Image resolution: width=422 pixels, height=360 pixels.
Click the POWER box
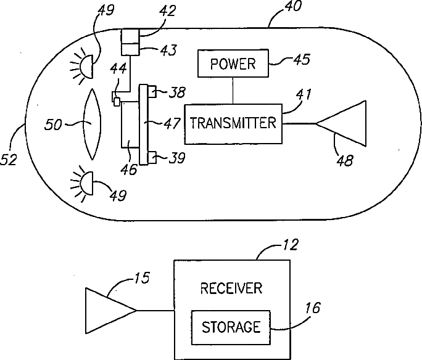pyautogui.click(x=233, y=63)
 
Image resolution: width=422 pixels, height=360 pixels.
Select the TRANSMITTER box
pyautogui.click(x=233, y=124)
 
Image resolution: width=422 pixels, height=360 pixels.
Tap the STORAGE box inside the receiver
pyautogui.click(x=231, y=327)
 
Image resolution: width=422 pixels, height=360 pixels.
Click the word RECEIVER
pyautogui.click(x=231, y=288)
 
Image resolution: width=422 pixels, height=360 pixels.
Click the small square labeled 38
pyautogui.click(x=152, y=91)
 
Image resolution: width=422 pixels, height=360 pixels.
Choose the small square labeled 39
pyautogui.click(x=152, y=157)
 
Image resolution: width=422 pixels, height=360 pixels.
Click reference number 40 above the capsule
pyautogui.click(x=293, y=6)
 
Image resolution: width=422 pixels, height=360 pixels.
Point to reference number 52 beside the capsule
pyautogui.click(x=9, y=160)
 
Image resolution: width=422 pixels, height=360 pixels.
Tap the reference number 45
pyautogui.click(x=302, y=59)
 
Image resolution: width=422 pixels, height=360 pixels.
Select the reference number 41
pyautogui.click(x=304, y=94)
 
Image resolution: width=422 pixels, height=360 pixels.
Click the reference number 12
pyautogui.click(x=290, y=245)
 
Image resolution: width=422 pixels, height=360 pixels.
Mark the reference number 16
pyautogui.click(x=313, y=308)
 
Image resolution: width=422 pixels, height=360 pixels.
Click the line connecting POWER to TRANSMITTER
pyautogui.click(x=233, y=91)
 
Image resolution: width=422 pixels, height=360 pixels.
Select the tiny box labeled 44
pyautogui.click(x=117, y=102)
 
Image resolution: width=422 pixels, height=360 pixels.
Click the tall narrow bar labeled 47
pyautogui.click(x=144, y=125)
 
